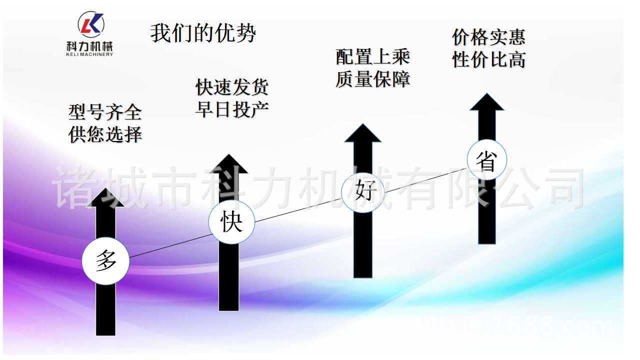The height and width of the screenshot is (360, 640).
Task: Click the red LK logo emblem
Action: tap(91, 24)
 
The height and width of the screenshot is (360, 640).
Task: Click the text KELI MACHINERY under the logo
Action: tap(89, 54)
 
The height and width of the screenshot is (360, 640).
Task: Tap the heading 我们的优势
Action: tap(203, 33)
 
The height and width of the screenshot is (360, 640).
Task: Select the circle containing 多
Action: tap(106, 260)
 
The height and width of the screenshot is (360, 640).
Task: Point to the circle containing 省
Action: tap(486, 160)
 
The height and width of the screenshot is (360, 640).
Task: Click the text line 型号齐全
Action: tap(105, 112)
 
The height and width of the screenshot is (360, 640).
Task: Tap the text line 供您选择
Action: tap(105, 134)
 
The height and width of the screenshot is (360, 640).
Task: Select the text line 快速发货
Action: tap(232, 87)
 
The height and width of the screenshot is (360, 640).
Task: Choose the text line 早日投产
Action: tap(232, 109)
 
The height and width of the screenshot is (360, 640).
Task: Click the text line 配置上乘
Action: tap(372, 57)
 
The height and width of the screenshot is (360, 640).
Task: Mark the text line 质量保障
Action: tap(372, 79)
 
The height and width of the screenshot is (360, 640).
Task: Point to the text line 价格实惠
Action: tap(488, 37)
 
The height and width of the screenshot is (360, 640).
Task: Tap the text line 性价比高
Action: tap(488, 60)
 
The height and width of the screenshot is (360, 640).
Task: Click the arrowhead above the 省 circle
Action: tap(486, 102)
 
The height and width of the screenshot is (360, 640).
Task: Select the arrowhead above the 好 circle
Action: tap(362, 133)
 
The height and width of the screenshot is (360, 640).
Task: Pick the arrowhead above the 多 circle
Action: tap(105, 197)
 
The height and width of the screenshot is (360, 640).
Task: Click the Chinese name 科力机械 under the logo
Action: tap(89, 46)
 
